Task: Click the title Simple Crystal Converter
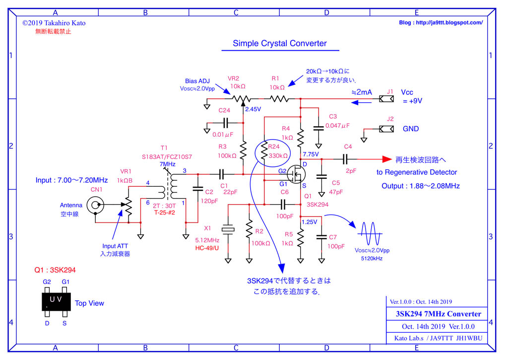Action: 280,43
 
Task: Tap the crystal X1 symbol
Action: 228,229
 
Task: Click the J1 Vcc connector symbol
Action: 386,99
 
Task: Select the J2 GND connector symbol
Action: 386,129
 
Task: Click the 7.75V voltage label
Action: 311,154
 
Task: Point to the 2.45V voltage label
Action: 254,109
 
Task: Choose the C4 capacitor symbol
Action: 346,159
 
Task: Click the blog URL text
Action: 441,23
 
